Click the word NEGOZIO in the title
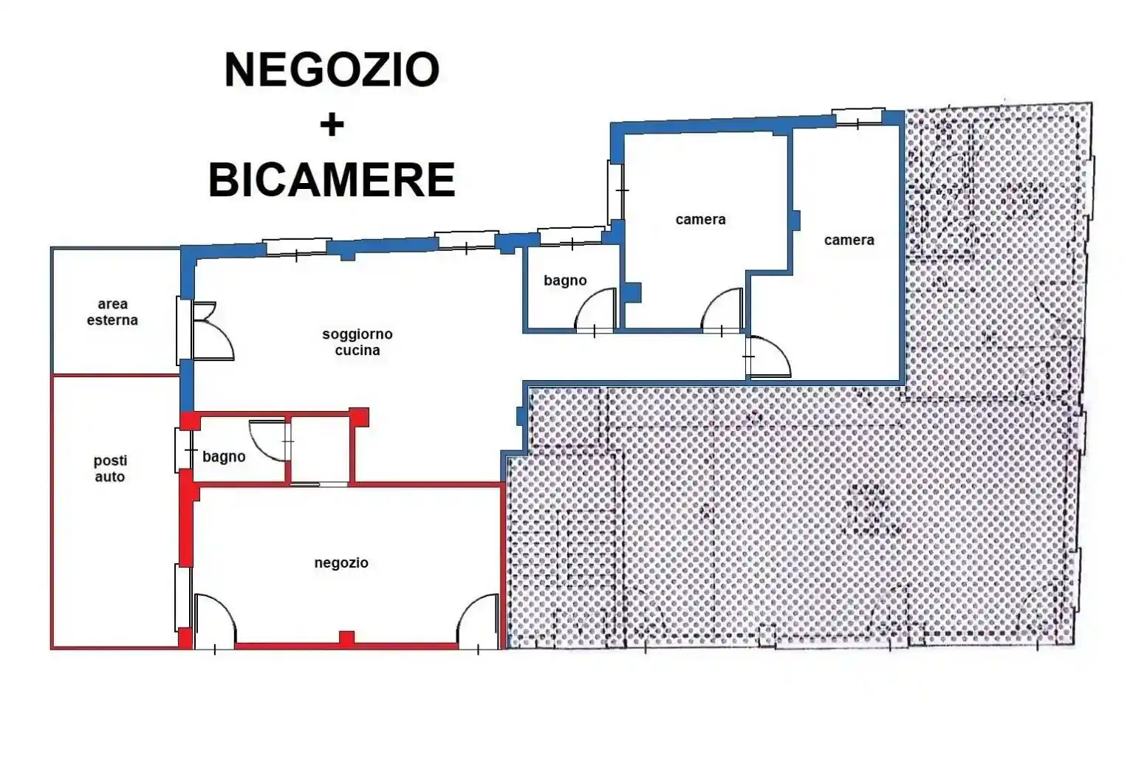pos(332,70)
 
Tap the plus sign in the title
pos(332,125)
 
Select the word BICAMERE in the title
pos(332,180)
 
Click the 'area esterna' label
pos(112,311)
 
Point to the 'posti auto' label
pos(110,469)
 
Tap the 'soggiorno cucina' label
pos(357,342)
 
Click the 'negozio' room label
pos(341,562)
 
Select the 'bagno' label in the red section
pos(224,457)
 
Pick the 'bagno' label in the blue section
pos(565,280)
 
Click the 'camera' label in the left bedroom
pos(700,219)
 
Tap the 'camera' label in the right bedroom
pos(849,240)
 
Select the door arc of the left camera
pos(722,310)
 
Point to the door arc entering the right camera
pos(770,357)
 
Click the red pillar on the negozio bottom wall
pos(346,638)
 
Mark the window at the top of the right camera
pos(858,117)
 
